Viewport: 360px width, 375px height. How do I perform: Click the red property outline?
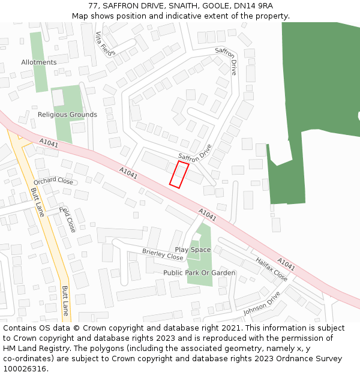(179, 174)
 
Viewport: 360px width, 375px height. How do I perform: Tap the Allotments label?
(39, 62)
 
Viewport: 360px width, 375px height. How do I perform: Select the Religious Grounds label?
(67, 115)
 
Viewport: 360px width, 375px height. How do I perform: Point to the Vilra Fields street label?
(104, 43)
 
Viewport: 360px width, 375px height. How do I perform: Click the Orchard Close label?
(53, 181)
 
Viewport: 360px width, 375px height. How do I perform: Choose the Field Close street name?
(68, 220)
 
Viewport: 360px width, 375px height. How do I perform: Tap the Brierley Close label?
(163, 254)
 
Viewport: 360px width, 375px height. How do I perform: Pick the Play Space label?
(193, 250)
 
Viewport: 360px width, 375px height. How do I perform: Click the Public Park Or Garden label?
(199, 273)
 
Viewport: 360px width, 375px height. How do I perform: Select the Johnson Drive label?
(262, 304)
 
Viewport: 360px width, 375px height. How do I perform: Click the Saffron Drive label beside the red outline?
(195, 155)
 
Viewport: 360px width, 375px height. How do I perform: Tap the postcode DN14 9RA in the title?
(254, 6)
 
